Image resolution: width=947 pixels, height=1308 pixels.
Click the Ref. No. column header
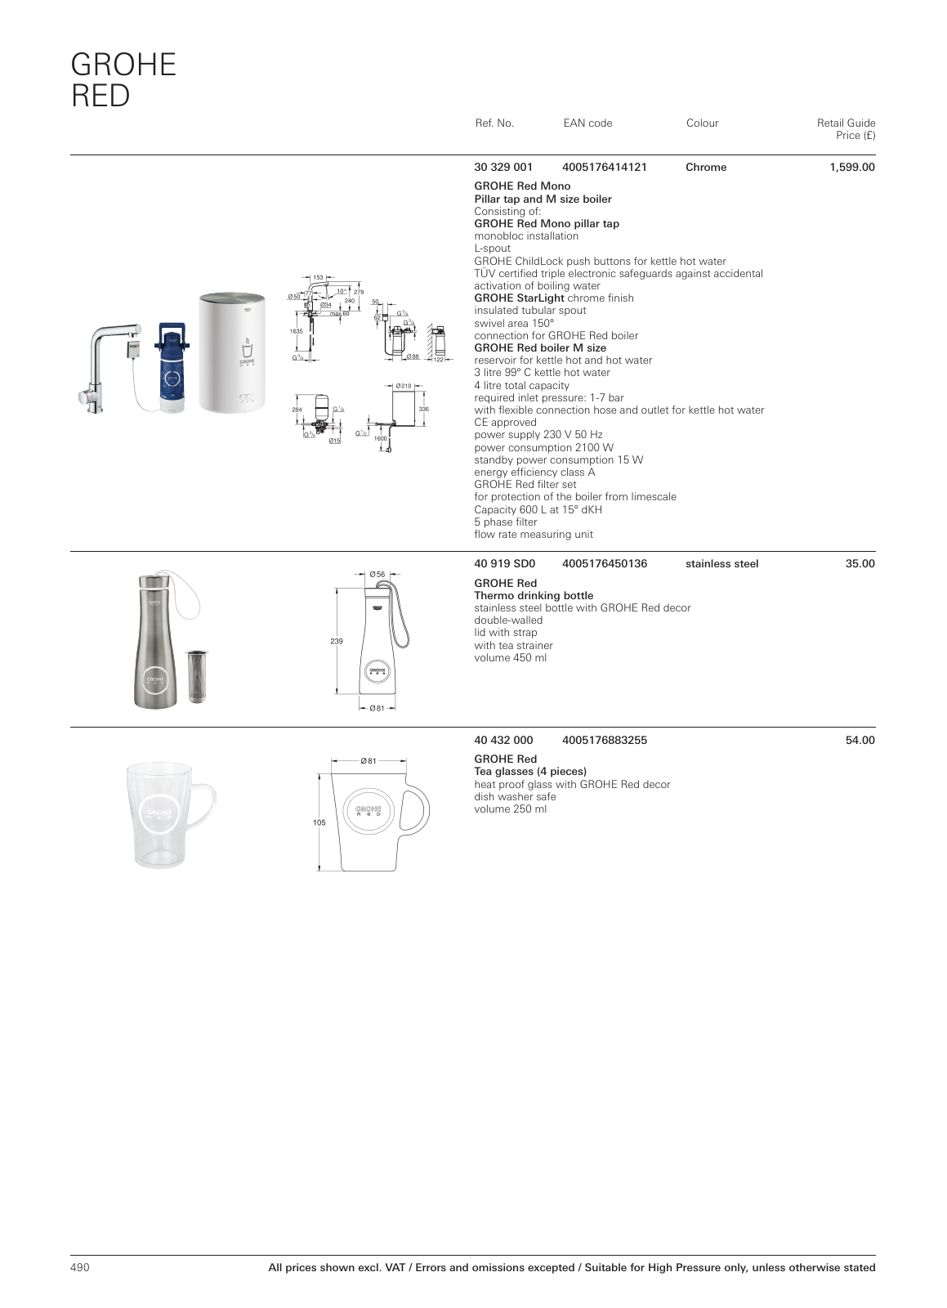(494, 123)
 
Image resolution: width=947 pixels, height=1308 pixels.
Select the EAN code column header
(587, 123)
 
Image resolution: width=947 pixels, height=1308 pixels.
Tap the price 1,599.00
(851, 168)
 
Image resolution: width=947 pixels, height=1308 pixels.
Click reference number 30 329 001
(503, 168)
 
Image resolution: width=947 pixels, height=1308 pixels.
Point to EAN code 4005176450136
(605, 564)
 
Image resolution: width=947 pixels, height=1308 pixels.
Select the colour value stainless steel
(721, 564)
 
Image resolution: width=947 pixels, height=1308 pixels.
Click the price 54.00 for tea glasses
(860, 741)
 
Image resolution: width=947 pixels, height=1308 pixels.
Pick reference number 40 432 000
(503, 741)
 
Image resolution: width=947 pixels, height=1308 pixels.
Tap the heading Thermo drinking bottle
(534, 596)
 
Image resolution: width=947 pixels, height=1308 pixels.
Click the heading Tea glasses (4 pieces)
(530, 772)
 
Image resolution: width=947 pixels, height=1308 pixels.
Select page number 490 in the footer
(79, 1268)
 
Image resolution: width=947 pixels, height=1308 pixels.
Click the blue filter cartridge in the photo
(172, 368)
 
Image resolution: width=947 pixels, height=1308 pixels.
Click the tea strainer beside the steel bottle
(196, 675)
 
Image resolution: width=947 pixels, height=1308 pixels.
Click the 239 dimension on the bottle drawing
(336, 642)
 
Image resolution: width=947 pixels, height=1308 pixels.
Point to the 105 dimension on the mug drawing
(319, 823)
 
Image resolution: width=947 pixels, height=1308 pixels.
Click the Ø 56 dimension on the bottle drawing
(377, 575)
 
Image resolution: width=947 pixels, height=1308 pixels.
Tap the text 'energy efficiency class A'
(534, 473)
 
